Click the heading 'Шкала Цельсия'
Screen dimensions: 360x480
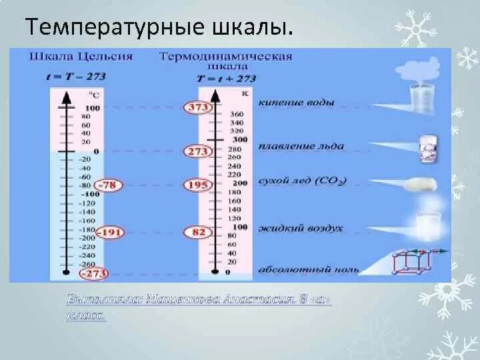81,57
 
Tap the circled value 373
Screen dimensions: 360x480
198,108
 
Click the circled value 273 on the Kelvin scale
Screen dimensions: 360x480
198,151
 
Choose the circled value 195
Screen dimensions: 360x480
198,185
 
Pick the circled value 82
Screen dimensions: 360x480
199,232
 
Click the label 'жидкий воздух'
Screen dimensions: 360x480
300,228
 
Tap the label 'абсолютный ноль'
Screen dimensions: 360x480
307,270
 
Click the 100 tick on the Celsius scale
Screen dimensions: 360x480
92,108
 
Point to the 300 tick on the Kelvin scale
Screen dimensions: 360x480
240,139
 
